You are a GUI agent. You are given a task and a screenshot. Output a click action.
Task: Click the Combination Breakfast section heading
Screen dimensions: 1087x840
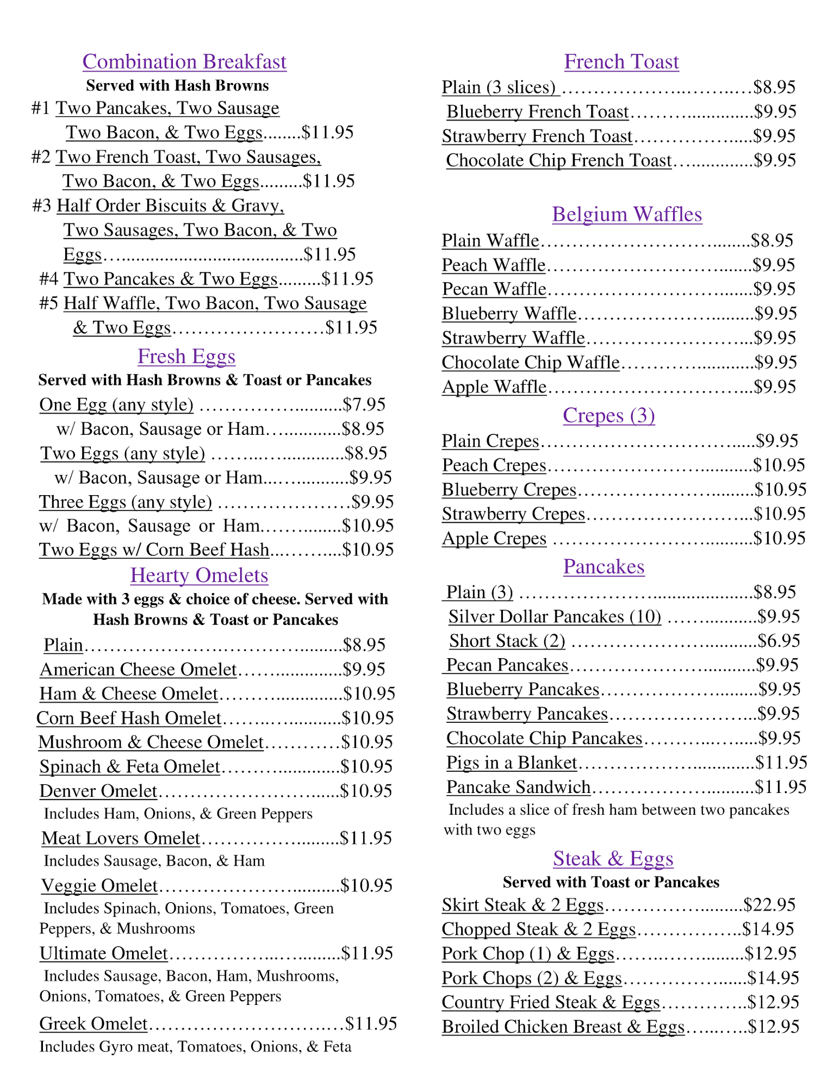[184, 62]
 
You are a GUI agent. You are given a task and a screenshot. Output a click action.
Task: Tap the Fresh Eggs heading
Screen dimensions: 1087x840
[186, 357]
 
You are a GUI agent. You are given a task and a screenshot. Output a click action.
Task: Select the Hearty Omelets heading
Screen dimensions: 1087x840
[199, 575]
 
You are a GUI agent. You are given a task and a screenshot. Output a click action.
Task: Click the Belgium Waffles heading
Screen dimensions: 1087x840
[627, 215]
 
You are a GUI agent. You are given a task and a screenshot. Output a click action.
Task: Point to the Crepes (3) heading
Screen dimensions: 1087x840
[608, 415]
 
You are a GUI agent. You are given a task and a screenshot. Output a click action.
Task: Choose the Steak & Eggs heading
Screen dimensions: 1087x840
[613, 859]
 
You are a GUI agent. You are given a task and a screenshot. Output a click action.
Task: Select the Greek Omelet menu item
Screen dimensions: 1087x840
[94, 1024]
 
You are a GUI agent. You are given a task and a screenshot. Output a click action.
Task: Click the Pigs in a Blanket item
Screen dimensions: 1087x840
[511, 763]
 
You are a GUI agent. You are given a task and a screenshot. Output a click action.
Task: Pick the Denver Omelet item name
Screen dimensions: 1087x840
[98, 791]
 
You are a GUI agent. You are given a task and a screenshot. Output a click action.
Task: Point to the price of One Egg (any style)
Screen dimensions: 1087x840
[364, 404]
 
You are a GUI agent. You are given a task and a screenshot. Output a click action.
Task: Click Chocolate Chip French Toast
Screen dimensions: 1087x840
[559, 160]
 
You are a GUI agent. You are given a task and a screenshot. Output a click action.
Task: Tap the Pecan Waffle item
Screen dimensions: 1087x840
[494, 289]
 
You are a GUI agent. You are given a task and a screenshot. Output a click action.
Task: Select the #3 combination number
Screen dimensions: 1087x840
[42, 205]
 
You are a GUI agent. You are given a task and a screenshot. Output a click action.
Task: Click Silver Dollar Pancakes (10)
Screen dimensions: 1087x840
[555, 616]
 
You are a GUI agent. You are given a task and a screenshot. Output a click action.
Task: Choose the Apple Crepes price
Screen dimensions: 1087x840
[779, 538]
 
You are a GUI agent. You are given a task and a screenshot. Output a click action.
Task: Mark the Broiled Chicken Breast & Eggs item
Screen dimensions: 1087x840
[563, 1027]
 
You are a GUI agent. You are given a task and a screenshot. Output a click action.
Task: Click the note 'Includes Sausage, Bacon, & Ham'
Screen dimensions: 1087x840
[154, 861]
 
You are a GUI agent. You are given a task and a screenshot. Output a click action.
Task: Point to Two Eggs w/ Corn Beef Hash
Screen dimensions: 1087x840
[154, 550]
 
